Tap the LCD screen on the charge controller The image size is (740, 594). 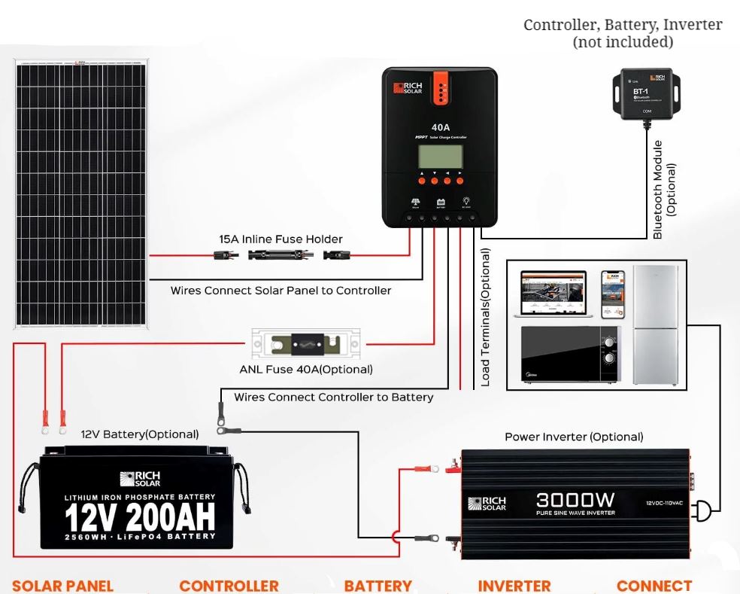pos(441,157)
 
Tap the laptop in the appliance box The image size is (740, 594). pos(553,295)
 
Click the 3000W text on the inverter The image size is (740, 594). pos(576,500)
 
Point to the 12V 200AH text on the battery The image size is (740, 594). pos(139,518)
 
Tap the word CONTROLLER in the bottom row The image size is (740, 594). pos(229,586)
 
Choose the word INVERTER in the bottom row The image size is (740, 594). pos(514,586)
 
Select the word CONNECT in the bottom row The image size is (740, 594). pos(654,586)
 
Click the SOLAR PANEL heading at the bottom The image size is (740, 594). pos(62,586)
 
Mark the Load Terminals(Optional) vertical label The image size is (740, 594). pos(485,317)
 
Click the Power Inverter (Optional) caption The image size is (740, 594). pos(574,437)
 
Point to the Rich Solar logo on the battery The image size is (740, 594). pos(139,479)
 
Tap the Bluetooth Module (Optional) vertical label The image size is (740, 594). pos(664,190)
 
